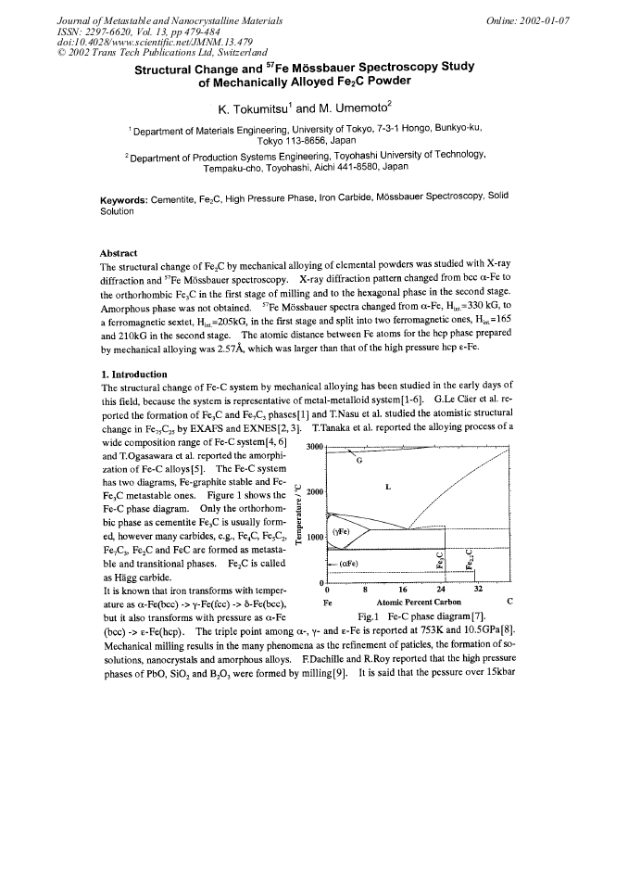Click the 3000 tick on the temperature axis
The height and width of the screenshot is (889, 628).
[x=314, y=448]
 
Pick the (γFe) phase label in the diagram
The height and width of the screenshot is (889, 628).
[x=341, y=532]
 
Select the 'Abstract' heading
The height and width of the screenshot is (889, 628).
[x=118, y=253]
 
